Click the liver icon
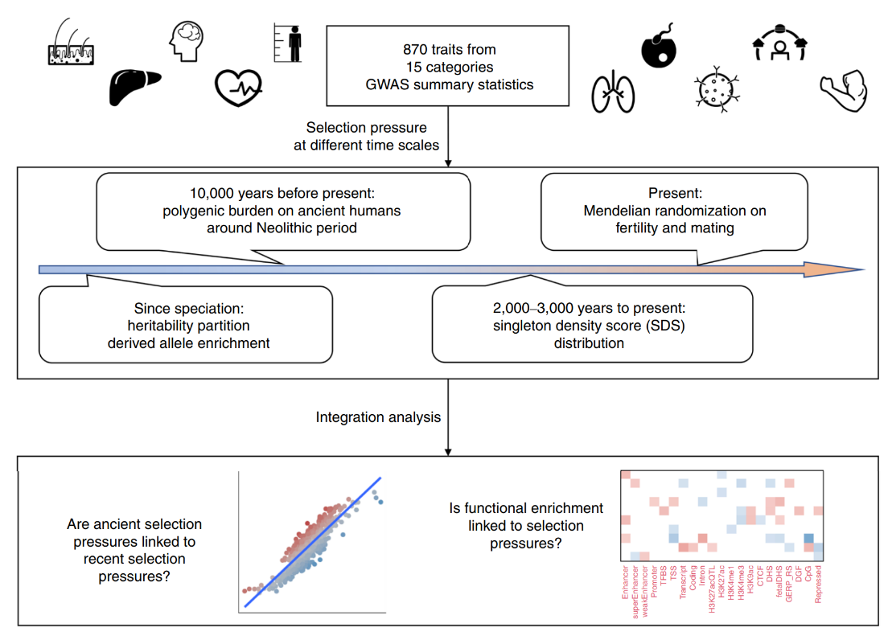[134, 86]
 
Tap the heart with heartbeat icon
[238, 89]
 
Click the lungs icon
[612, 92]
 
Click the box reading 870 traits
[449, 67]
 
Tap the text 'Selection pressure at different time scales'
[372, 137]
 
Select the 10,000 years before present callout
[282, 211]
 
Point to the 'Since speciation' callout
[186, 324]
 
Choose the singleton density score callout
[593, 325]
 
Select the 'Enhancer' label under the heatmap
[626, 585]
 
